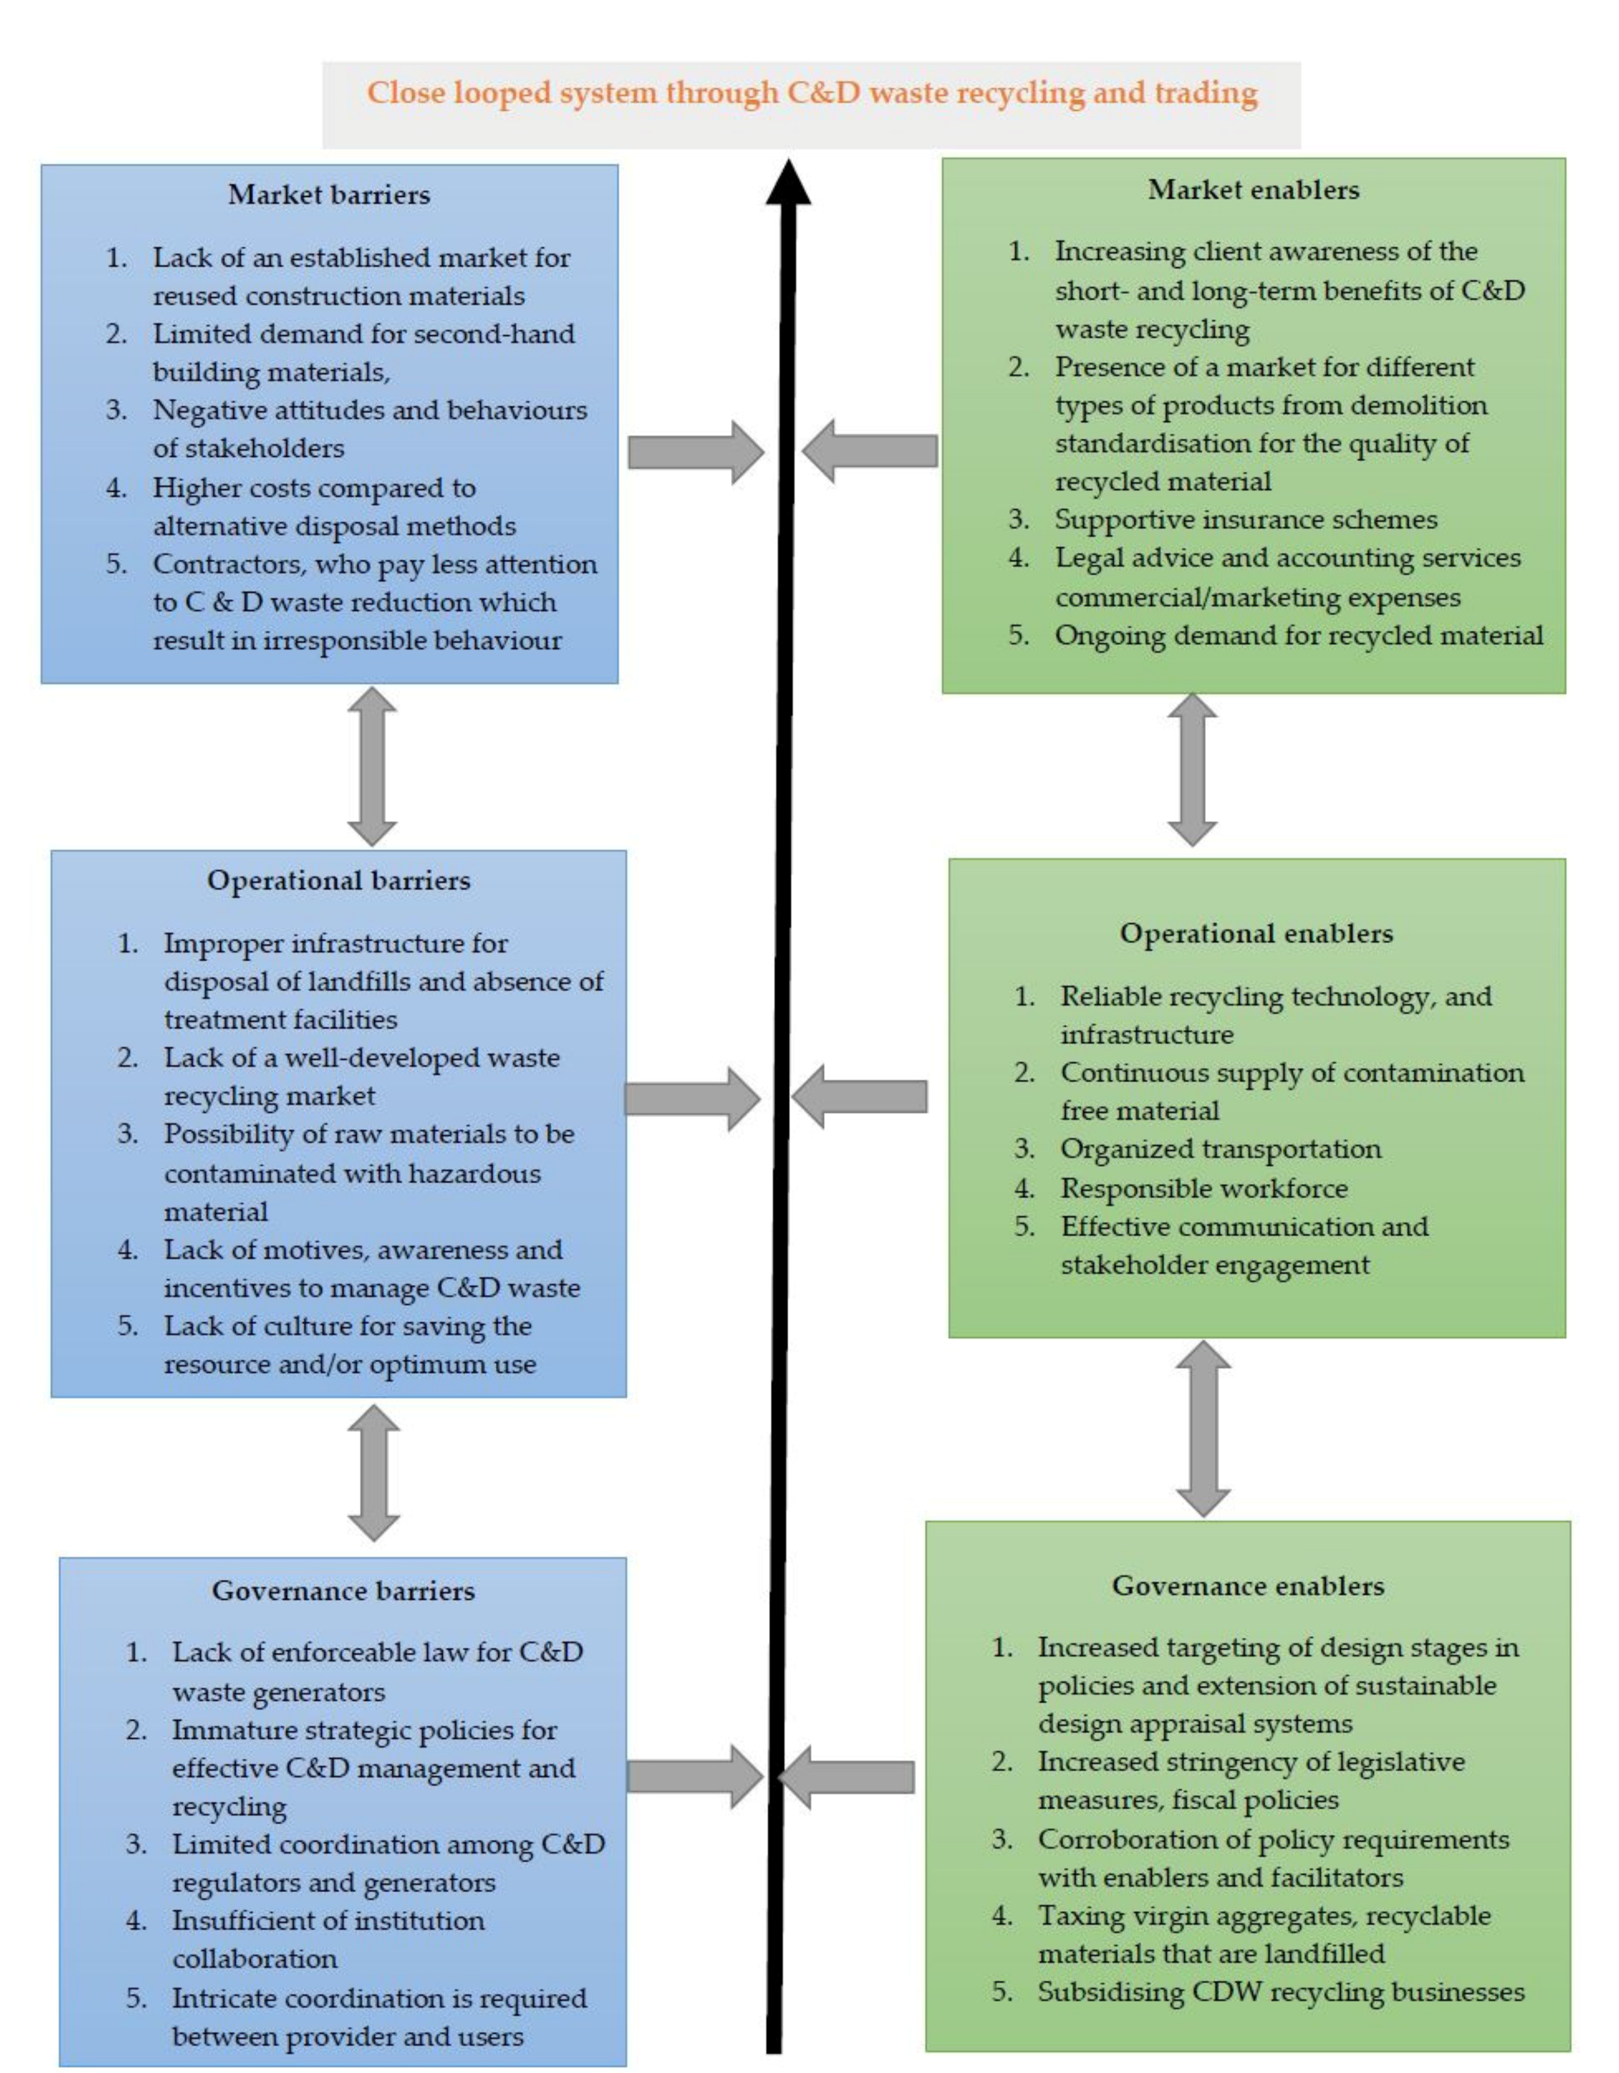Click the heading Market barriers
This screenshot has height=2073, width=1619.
coord(329,194)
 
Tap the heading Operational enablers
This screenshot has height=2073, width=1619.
coord(1255,933)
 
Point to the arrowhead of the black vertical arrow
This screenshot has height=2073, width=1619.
coord(788,183)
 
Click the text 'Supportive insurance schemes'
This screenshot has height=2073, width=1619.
coord(1246,519)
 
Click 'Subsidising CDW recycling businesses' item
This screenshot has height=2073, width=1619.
coord(1280,1991)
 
